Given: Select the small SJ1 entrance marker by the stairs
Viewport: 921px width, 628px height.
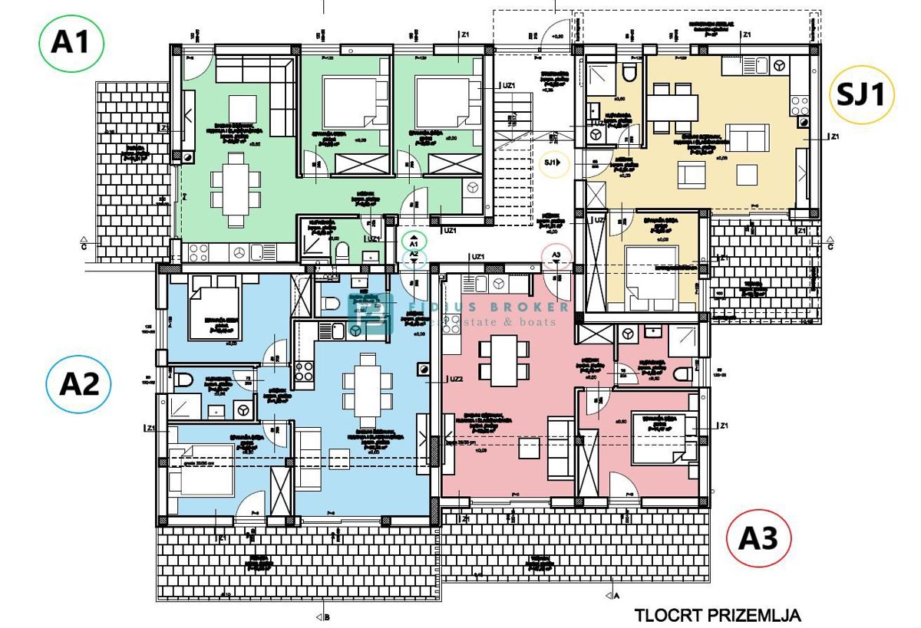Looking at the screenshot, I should coord(553,163).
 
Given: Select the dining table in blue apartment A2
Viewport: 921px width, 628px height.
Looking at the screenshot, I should coord(368,383).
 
